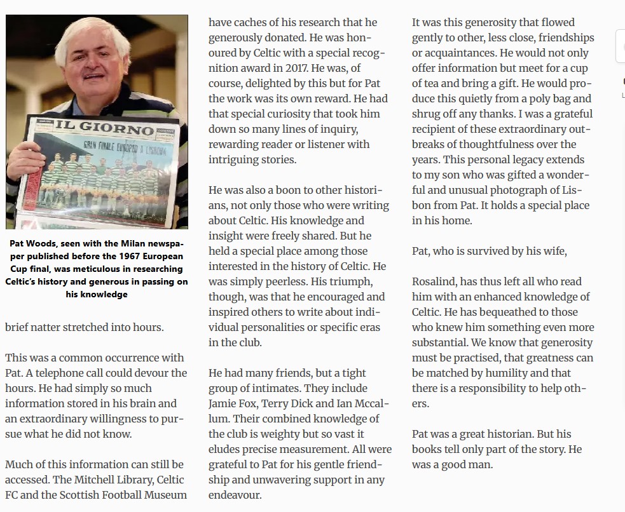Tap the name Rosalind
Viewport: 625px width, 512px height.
[434, 281]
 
